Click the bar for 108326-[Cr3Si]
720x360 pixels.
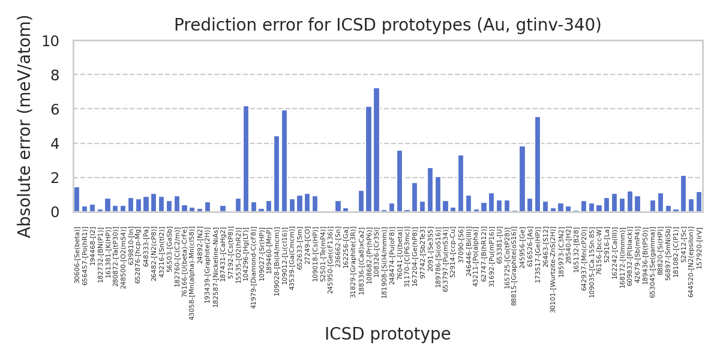376,150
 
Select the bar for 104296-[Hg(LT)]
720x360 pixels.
246,159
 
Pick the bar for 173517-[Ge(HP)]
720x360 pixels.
538,164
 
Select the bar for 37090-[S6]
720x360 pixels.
461,184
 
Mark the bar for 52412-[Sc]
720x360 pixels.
683,194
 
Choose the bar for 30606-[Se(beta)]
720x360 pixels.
77,200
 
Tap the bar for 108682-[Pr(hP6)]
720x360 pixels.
368,159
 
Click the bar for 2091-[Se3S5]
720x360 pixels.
430,190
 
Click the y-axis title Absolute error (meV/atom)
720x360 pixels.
25,126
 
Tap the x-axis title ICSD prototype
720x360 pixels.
388,334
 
